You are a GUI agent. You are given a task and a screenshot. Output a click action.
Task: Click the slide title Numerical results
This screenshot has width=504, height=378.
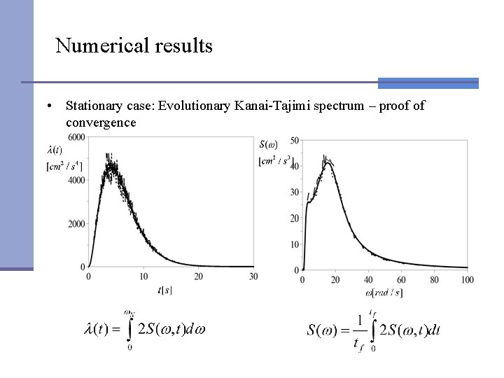[x=134, y=46]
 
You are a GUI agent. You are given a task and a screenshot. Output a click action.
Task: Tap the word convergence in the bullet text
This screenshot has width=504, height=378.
[x=101, y=122]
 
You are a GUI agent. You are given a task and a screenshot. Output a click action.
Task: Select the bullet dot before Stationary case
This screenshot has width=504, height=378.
[x=51, y=107]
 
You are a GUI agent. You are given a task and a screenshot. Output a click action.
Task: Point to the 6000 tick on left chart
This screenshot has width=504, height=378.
[x=76, y=136]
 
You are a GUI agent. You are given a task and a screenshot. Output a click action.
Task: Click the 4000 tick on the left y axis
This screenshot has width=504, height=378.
[x=76, y=180]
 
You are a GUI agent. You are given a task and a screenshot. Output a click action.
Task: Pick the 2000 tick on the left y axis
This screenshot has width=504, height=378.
[x=76, y=224]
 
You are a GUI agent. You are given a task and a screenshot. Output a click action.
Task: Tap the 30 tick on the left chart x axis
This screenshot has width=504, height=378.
[x=253, y=277]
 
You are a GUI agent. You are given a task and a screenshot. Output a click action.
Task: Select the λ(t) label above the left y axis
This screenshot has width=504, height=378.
[x=55, y=149]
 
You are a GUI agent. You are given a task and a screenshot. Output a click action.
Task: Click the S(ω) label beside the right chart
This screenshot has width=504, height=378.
[x=268, y=145]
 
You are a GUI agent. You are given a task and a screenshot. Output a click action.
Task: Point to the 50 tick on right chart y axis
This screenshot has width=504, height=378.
[x=294, y=141]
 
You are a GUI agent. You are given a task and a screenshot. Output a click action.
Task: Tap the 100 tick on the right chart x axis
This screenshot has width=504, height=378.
[x=467, y=280]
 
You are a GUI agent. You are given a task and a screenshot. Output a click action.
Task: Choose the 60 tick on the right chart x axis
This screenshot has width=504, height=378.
[x=401, y=280]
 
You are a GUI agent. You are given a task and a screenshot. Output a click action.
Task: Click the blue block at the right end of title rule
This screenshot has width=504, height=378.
[x=428, y=83]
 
